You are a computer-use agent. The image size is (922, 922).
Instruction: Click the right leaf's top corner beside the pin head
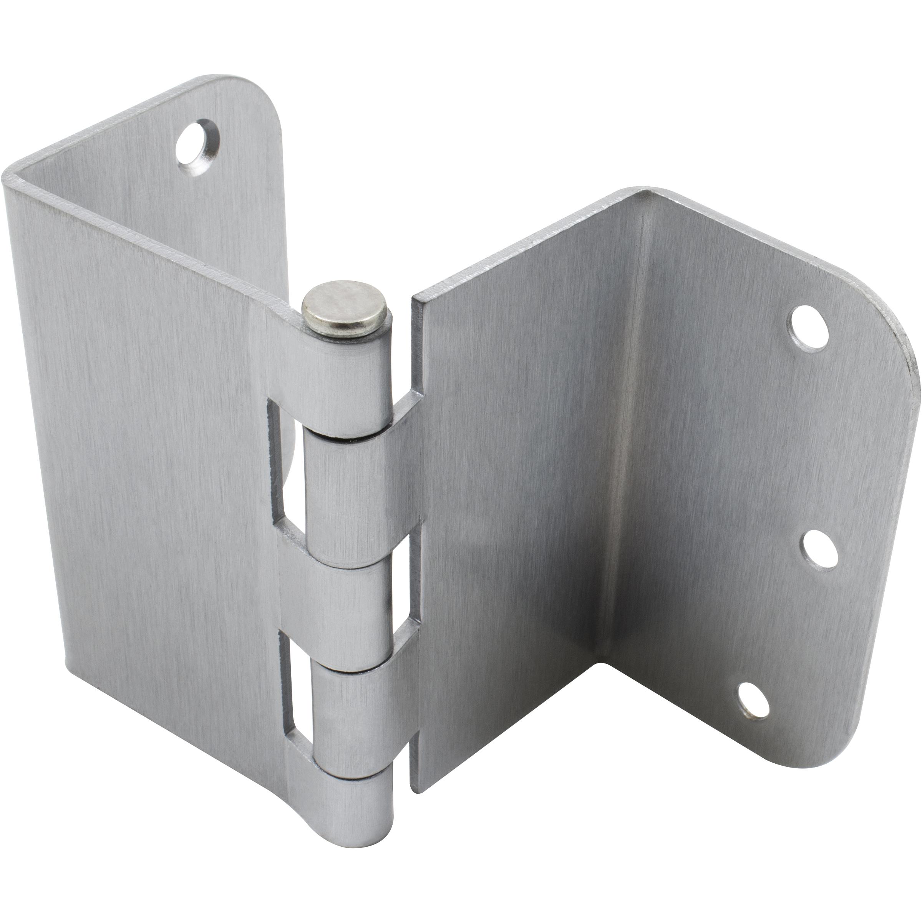[416, 298]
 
